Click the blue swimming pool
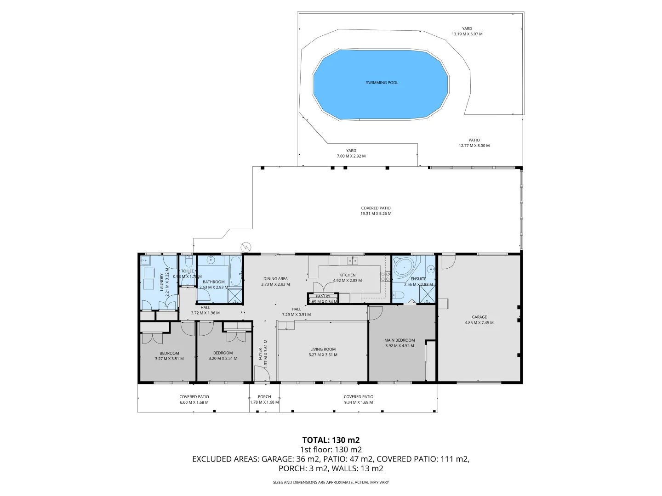pos(381,85)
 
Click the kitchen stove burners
pos(385,276)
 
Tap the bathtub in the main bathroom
pos(235,271)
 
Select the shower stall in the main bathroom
pos(235,295)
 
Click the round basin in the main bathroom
pos(211,260)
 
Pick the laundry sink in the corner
pos(146,261)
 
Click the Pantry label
pos(323,296)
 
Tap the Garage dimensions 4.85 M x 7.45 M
pos(479,323)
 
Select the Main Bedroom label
pos(399,340)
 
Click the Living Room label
pos(323,349)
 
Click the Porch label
pos(264,397)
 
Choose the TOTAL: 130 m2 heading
pos(331,440)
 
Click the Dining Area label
pos(275,279)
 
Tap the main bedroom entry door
pos(375,313)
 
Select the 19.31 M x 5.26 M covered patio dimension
pos(376,214)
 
